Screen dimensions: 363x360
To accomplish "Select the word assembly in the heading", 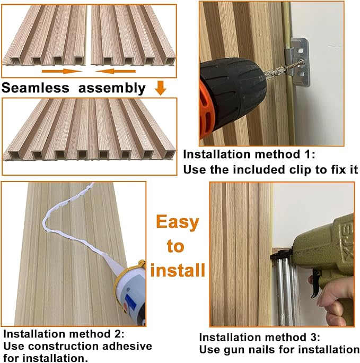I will pyautogui.click(x=112, y=88).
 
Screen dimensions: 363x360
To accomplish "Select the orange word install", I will pyautogui.click(x=178, y=270).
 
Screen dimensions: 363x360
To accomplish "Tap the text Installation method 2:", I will pyautogui.click(x=64, y=334).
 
